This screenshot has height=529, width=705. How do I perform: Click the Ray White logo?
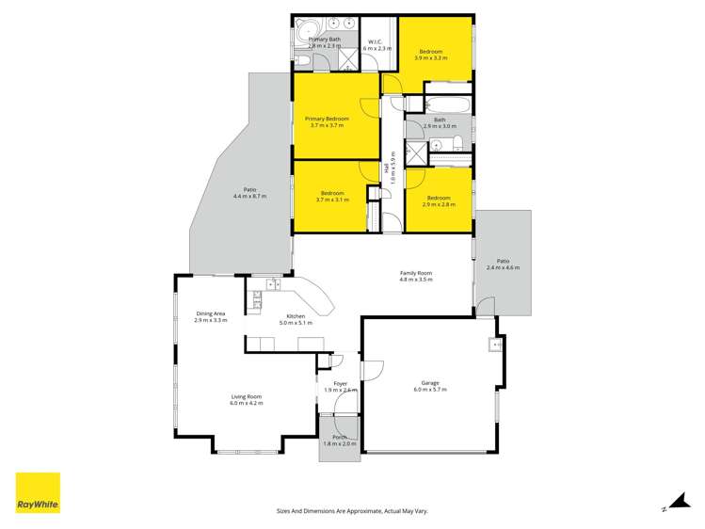[x=38, y=493]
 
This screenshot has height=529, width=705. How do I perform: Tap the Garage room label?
[x=429, y=383]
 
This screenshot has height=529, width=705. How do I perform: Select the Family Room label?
[x=415, y=273]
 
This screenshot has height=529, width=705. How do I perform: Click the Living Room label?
[x=247, y=396]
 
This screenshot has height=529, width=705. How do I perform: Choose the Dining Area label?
[x=211, y=313]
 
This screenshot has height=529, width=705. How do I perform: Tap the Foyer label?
[x=340, y=383]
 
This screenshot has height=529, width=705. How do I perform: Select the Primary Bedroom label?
[x=327, y=119]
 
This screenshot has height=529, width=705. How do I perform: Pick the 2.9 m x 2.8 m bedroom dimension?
[x=439, y=204]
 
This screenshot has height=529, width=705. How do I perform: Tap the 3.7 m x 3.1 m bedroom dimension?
[x=332, y=200]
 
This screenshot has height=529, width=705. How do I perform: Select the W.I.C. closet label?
[x=374, y=41]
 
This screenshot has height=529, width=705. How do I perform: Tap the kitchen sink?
[x=272, y=284]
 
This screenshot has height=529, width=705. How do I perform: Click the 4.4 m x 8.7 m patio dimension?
[x=250, y=197]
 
